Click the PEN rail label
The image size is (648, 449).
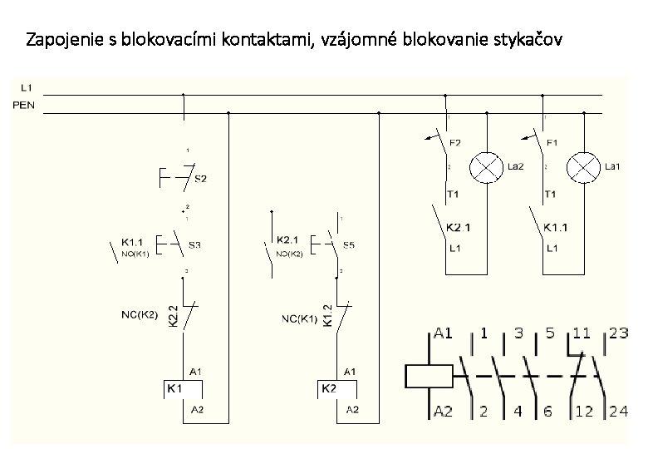tap(25, 106)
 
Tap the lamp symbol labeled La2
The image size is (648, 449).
tap(484, 167)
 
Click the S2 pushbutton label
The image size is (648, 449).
tap(201, 178)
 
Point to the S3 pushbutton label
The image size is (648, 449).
tap(194, 245)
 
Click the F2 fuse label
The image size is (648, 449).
tap(455, 143)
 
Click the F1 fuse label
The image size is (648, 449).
tap(552, 143)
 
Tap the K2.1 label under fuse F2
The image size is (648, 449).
tap(459, 226)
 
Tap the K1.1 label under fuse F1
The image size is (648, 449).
tap(556, 226)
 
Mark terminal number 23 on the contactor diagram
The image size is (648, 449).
tap(618, 334)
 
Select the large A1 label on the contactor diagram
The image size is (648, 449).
tap(444, 334)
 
